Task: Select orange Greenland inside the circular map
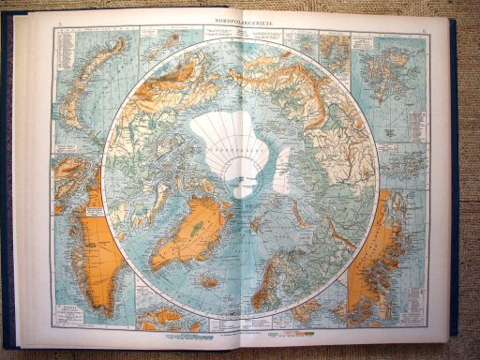pyautogui.click(x=191, y=233)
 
